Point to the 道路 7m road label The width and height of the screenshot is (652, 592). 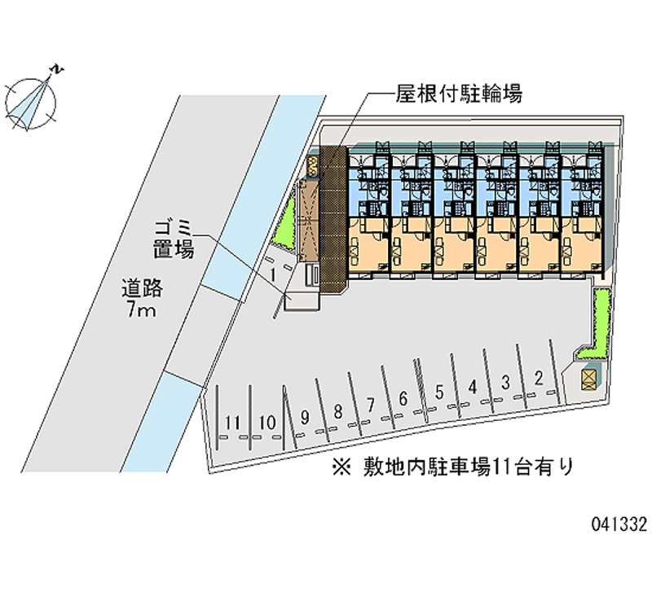click(x=143, y=298)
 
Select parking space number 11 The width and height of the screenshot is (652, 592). click(x=234, y=423)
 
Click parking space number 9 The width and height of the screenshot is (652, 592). click(x=304, y=417)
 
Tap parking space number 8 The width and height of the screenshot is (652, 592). click(x=337, y=410)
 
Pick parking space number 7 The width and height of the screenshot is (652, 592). click(x=371, y=405)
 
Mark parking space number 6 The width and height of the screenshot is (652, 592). click(x=403, y=399)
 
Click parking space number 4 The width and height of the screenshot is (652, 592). click(x=473, y=387)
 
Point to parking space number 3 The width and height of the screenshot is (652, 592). click(x=505, y=381)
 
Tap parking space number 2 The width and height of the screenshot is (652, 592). click(x=539, y=376)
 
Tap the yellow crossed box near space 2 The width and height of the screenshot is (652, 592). click(x=588, y=377)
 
